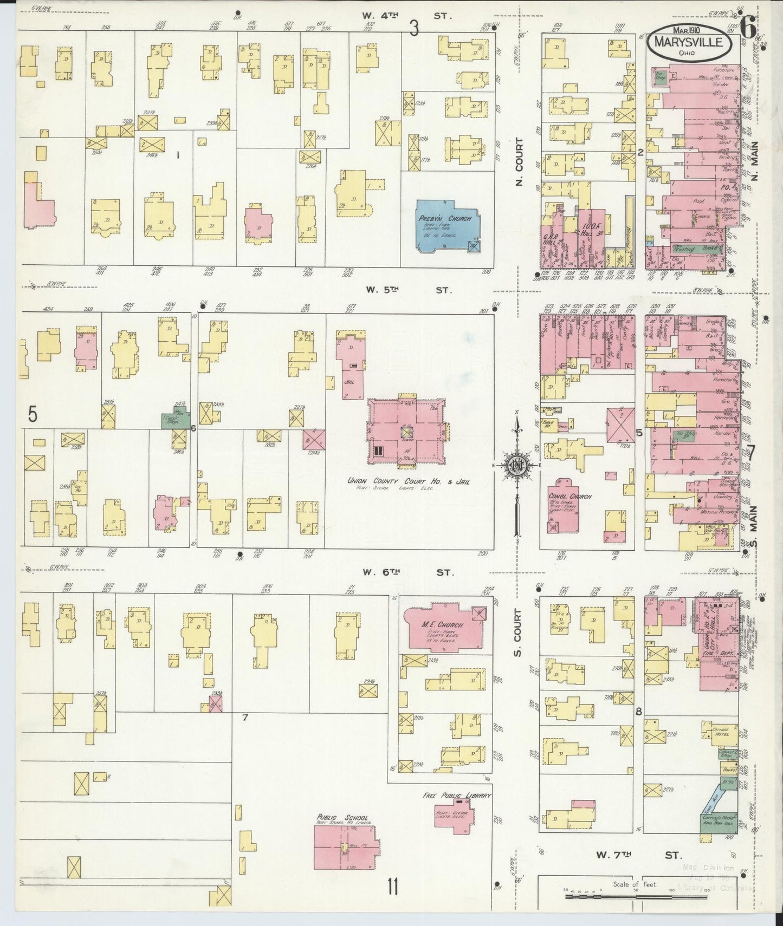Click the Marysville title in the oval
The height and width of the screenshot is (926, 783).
[688, 42]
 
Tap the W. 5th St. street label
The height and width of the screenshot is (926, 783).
[408, 290]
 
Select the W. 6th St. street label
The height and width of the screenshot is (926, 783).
[408, 571]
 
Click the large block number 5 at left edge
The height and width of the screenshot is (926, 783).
[33, 415]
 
